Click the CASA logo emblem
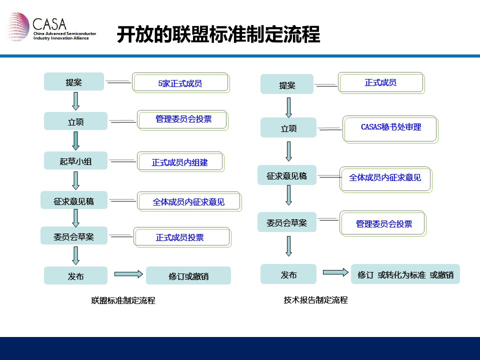click(18, 26)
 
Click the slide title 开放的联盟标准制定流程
click(218, 34)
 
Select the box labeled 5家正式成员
click(181, 82)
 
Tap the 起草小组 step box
click(75, 160)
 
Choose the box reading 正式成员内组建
click(180, 161)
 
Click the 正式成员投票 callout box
click(182, 237)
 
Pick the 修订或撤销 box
click(188, 275)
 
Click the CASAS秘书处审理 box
click(390, 129)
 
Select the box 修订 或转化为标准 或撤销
click(405, 274)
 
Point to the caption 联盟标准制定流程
click(123, 300)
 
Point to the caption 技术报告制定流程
click(315, 299)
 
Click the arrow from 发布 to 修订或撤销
click(128, 274)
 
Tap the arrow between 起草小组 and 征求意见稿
click(75, 180)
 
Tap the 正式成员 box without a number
click(381, 83)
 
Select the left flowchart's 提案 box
click(74, 81)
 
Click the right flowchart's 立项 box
click(288, 127)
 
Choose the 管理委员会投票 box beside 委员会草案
click(383, 223)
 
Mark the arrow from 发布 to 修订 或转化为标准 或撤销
click(335, 272)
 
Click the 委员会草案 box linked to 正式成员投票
click(74, 235)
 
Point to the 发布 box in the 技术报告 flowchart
click(288, 274)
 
